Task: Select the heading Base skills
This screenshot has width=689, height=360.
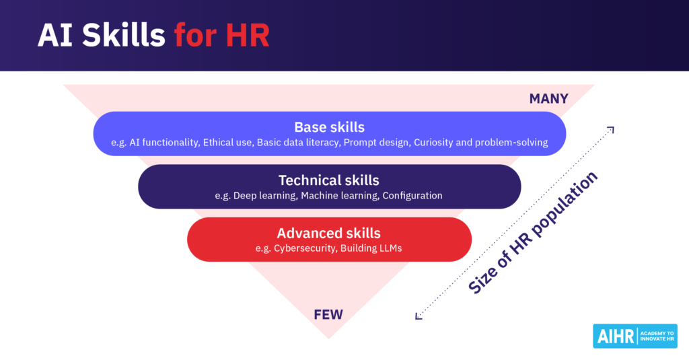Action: (329, 127)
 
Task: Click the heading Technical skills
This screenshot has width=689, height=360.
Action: (329, 180)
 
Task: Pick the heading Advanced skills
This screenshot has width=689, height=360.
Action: (329, 233)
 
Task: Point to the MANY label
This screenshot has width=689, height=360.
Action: (548, 99)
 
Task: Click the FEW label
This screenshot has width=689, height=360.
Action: (329, 314)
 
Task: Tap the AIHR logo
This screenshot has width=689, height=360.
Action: (634, 336)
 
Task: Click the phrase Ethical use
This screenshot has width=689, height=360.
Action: (227, 143)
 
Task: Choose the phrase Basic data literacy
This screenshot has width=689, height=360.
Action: (296, 143)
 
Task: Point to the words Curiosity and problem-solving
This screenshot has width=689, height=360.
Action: (481, 143)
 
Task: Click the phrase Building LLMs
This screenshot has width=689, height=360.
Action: (371, 249)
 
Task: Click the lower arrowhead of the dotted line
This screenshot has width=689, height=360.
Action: (419, 315)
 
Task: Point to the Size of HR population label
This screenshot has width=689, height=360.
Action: (533, 233)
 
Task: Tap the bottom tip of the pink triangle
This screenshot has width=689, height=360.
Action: (328, 337)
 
